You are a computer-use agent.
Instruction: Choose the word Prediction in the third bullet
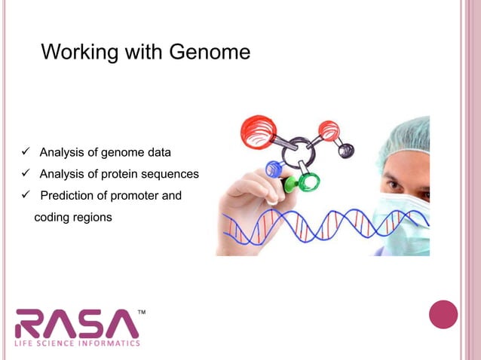69,196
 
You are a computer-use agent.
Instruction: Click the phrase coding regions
73,218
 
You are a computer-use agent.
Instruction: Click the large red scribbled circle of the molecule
258,131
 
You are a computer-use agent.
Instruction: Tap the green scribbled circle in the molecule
308,181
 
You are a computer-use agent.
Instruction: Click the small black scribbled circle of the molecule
346,150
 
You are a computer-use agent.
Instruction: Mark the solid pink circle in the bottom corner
443,314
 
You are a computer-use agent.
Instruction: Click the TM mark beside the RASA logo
141,310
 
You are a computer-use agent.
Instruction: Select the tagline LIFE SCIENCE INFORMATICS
77,343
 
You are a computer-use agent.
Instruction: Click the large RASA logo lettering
77,323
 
